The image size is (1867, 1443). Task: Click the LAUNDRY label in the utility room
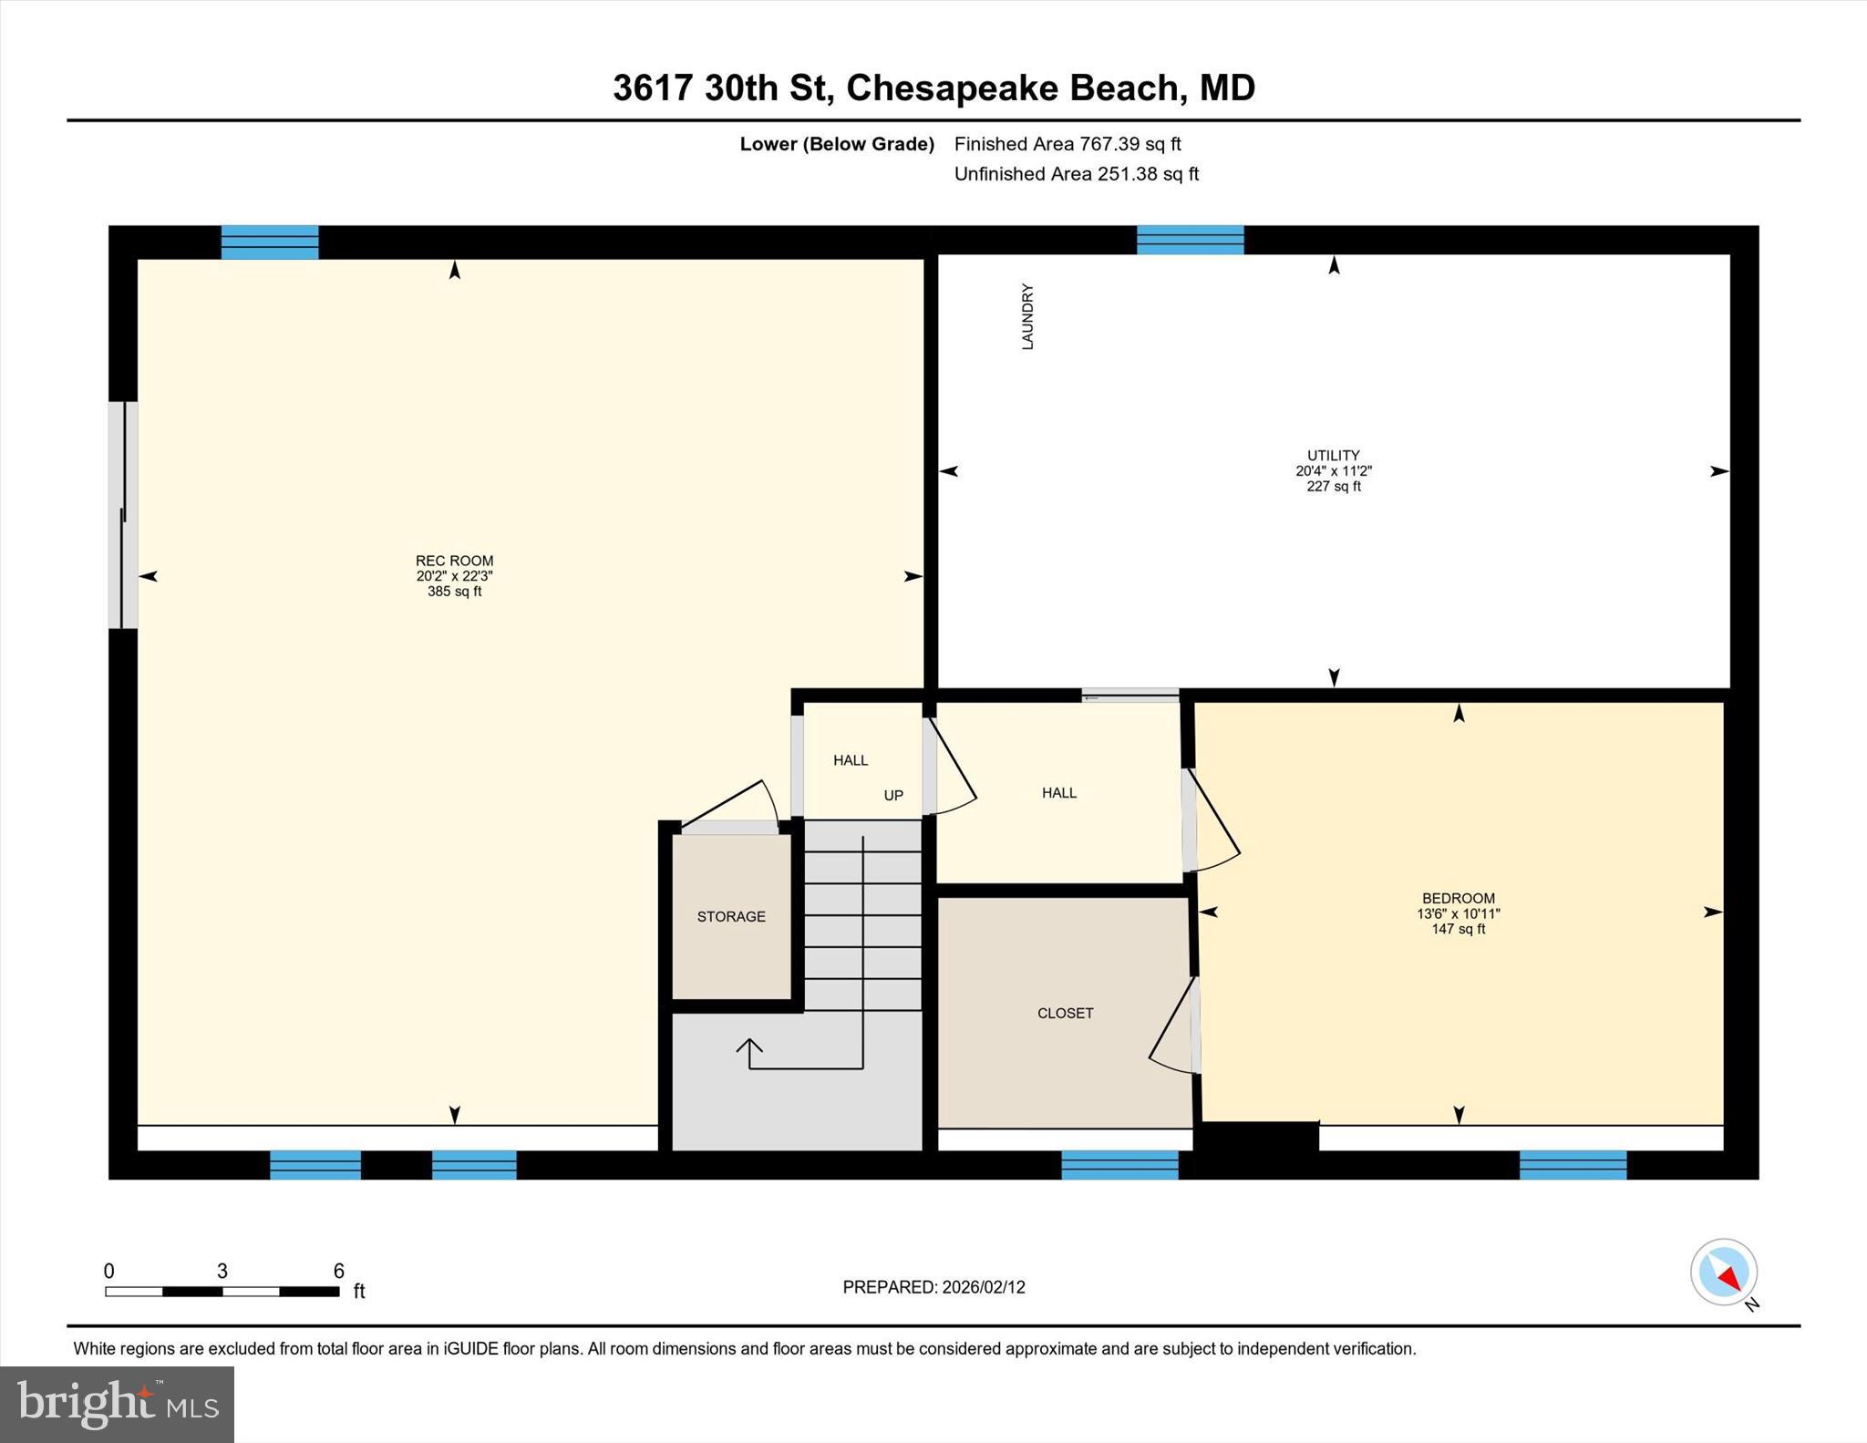click(x=1027, y=316)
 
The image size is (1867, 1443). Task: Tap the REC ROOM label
click(x=454, y=561)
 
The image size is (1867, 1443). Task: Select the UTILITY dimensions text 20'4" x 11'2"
click(x=1334, y=471)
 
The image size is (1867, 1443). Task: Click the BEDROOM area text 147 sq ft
click(x=1459, y=929)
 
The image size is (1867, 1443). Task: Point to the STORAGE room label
click(x=731, y=916)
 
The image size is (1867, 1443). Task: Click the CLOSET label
click(x=1065, y=1013)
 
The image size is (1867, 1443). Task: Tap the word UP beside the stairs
click(x=893, y=795)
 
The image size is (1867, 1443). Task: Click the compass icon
click(x=1724, y=1272)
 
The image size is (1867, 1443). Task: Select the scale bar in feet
click(x=222, y=1291)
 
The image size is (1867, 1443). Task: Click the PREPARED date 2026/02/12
click(x=983, y=1287)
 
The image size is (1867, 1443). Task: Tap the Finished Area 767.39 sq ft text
click(x=1067, y=144)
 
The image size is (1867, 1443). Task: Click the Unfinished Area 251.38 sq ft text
click(x=1076, y=173)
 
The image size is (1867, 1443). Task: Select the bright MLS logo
click(x=117, y=1404)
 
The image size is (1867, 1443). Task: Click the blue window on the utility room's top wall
click(x=1190, y=240)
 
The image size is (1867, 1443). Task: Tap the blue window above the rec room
click(x=270, y=242)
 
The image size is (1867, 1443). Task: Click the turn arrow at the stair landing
click(x=750, y=1052)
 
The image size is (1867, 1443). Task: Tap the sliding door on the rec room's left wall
click(x=123, y=515)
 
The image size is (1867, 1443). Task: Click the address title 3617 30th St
click(x=720, y=88)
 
